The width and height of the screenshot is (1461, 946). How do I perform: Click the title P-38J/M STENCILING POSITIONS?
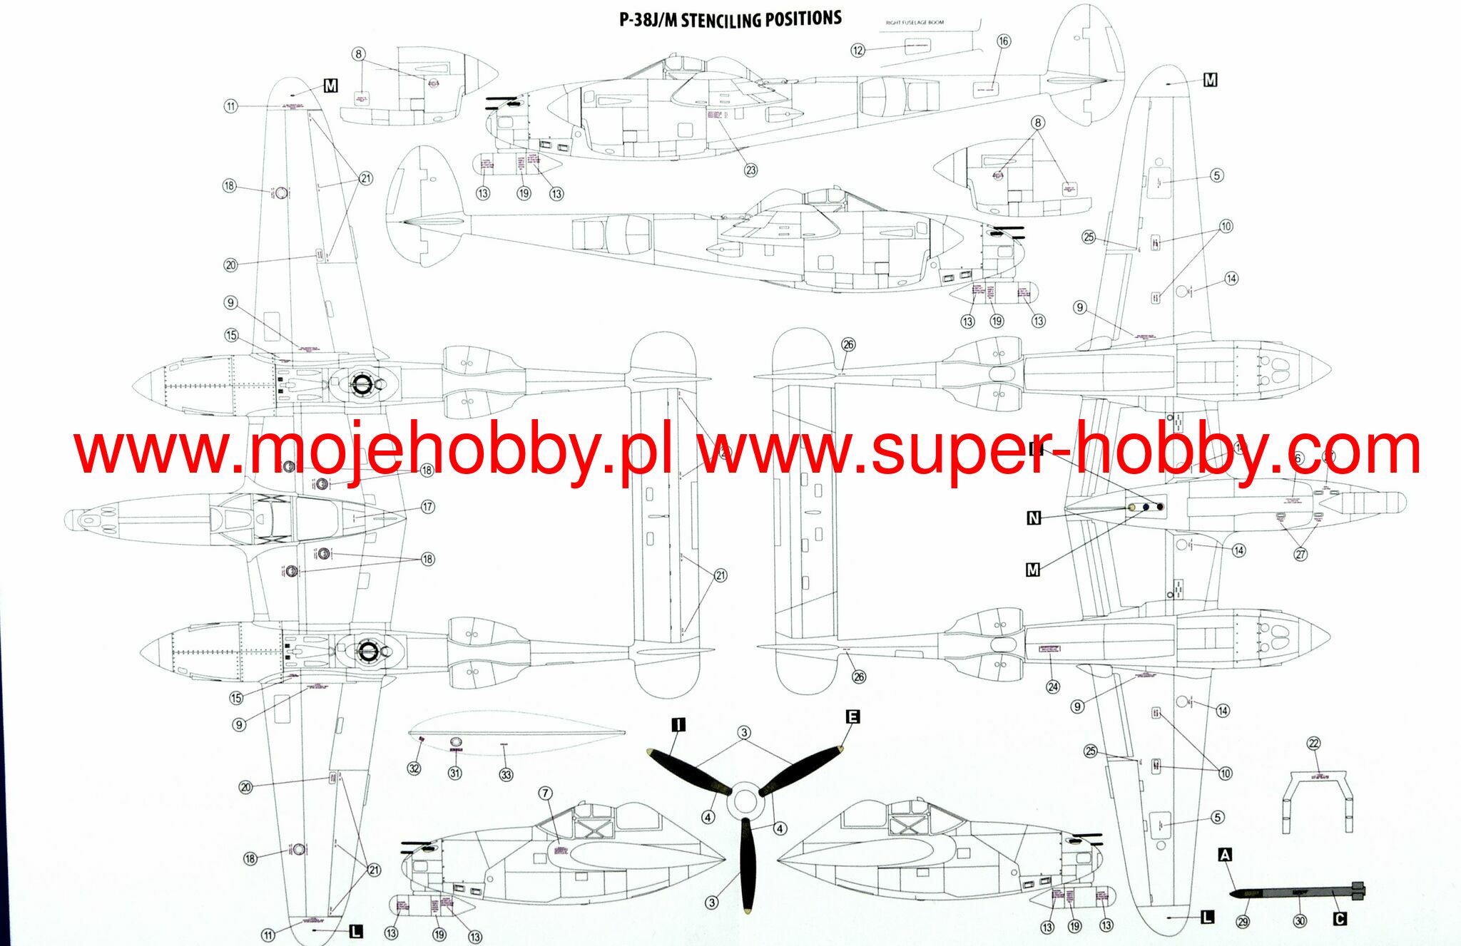tap(730, 19)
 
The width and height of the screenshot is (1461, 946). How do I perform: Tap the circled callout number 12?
tap(857, 50)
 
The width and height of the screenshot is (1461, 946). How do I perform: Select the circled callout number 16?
tap(1003, 41)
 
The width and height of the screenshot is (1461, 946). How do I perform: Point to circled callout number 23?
tap(750, 170)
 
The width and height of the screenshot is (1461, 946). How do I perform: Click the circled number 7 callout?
tap(545, 793)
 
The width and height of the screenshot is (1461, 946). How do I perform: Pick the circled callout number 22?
tap(1313, 744)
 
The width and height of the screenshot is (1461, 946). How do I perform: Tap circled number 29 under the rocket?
tap(1243, 922)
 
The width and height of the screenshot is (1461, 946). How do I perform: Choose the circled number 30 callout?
tap(1300, 921)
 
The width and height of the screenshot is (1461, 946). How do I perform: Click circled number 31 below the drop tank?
tap(454, 773)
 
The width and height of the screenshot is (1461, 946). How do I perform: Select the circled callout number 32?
tap(414, 768)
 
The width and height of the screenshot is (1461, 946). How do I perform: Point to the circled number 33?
tap(506, 774)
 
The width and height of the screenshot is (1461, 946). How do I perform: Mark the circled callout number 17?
tap(427, 507)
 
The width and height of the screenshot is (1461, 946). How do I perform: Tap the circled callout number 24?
tap(1053, 687)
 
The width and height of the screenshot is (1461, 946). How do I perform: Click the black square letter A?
tap(1225, 855)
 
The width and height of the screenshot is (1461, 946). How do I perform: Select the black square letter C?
tap(1340, 919)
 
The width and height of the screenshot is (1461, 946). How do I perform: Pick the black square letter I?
tap(678, 725)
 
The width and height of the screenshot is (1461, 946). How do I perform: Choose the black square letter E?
tap(852, 716)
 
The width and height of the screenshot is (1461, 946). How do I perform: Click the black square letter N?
tap(1034, 518)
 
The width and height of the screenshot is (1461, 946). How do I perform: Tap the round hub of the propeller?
tap(744, 801)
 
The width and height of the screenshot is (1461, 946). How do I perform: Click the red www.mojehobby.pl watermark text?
tap(372, 451)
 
